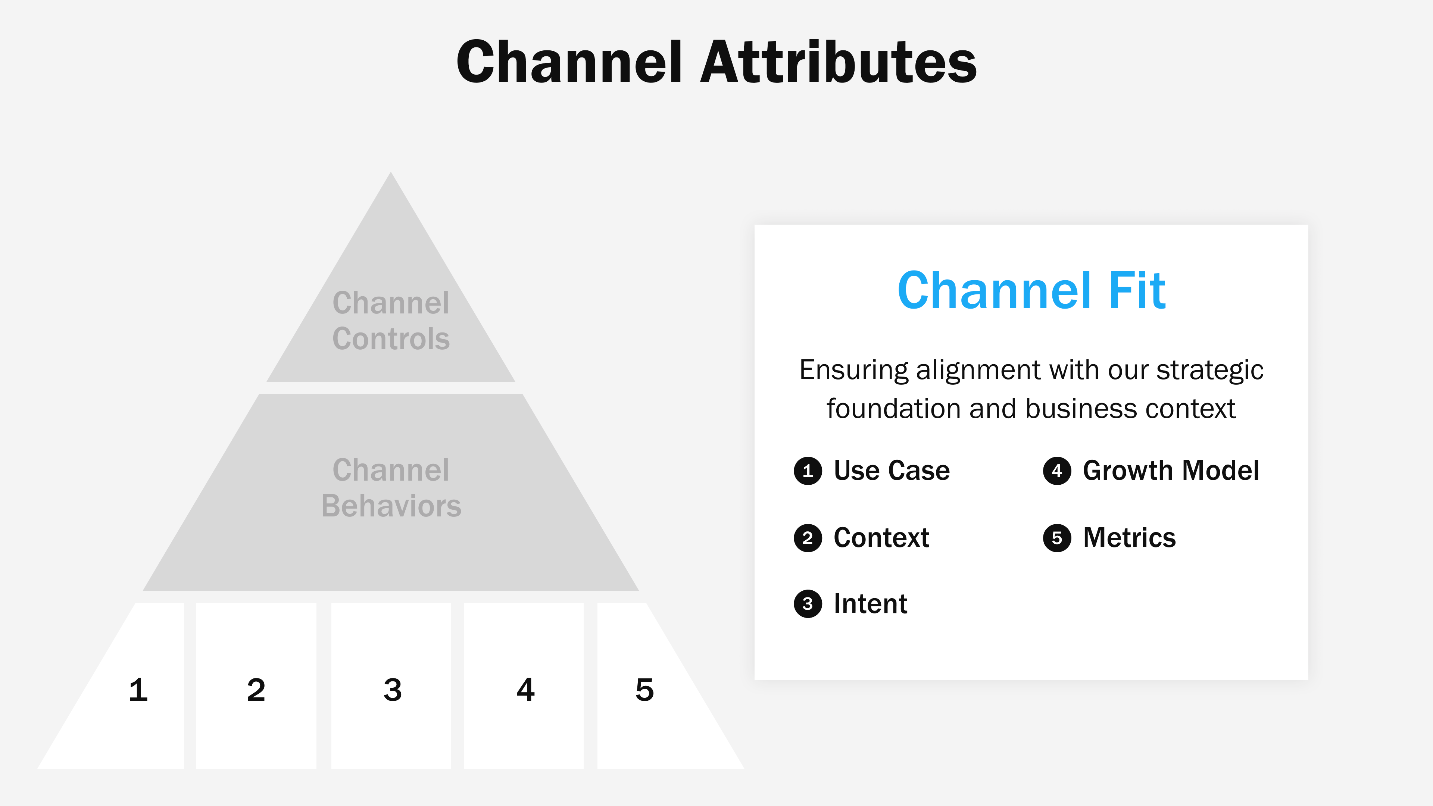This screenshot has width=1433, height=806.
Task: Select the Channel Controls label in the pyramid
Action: (x=391, y=321)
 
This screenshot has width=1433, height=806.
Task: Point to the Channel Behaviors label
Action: (x=391, y=488)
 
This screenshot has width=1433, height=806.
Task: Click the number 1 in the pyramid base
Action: (x=138, y=690)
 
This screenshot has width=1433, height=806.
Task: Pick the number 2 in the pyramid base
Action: (x=256, y=690)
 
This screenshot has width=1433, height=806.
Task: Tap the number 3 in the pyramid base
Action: (x=392, y=690)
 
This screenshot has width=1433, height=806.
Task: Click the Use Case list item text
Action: (x=892, y=471)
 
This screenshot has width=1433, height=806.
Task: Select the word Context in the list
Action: (x=881, y=538)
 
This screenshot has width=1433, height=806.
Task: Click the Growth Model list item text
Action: (x=1171, y=471)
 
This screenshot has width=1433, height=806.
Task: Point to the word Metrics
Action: (x=1129, y=538)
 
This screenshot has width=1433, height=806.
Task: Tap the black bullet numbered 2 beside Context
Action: (x=808, y=538)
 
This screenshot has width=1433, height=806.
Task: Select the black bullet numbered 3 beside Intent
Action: (x=808, y=604)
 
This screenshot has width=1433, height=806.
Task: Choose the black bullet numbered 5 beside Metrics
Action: (x=1057, y=538)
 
